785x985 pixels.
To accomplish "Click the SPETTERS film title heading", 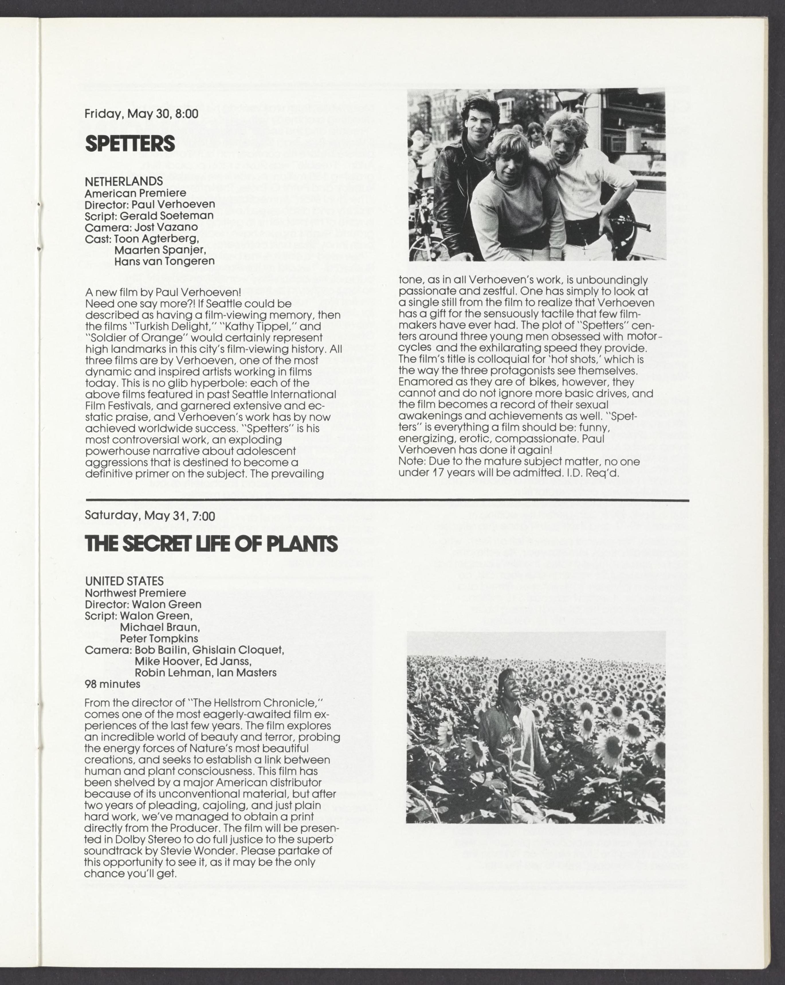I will pos(130,144).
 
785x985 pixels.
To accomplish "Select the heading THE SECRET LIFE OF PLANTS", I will pos(211,544).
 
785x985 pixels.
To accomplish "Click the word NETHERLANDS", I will pos(124,181).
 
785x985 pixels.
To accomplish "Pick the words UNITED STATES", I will pos(124,581).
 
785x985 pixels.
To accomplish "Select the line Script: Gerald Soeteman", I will pos(149,215).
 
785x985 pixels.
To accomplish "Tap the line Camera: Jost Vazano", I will pos(141,227).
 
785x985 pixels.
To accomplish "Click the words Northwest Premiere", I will pos(135,593).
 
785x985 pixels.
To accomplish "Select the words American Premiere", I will pos(135,193).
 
